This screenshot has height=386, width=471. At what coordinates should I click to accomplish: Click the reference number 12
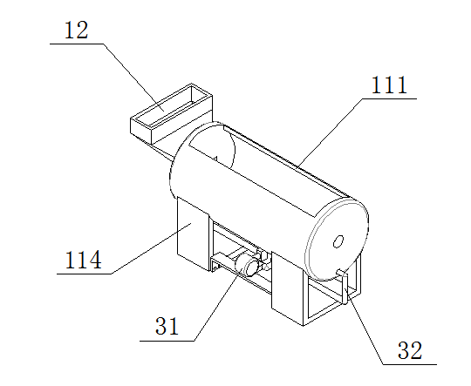pyautogui.click(x=77, y=30)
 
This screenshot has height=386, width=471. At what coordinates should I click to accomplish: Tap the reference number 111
pyautogui.click(x=389, y=85)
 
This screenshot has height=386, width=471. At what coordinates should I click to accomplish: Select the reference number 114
pyautogui.click(x=83, y=260)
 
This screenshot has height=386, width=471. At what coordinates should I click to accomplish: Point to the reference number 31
pyautogui.click(x=167, y=326)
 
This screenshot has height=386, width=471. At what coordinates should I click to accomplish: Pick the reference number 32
pyautogui.click(x=410, y=350)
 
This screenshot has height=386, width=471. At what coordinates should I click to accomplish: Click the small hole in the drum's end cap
pyautogui.click(x=338, y=241)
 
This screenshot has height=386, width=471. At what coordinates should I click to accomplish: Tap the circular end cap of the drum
pyautogui.click(x=337, y=240)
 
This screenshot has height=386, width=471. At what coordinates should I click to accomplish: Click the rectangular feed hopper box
pyautogui.click(x=171, y=113)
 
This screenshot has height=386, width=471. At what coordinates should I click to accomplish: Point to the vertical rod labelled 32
pyautogui.click(x=345, y=288)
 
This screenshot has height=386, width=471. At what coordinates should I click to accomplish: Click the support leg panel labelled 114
pyautogui.click(x=193, y=234)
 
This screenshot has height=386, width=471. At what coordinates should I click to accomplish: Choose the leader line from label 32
pyautogui.click(x=364, y=326)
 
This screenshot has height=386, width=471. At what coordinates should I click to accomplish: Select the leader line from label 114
pyautogui.click(x=151, y=248)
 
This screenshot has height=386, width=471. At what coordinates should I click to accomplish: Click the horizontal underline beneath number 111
pyautogui.click(x=390, y=98)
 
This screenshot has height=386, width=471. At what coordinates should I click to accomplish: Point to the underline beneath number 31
pyautogui.click(x=167, y=341)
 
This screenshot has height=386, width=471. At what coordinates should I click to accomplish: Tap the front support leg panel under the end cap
pyautogui.click(x=290, y=289)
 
